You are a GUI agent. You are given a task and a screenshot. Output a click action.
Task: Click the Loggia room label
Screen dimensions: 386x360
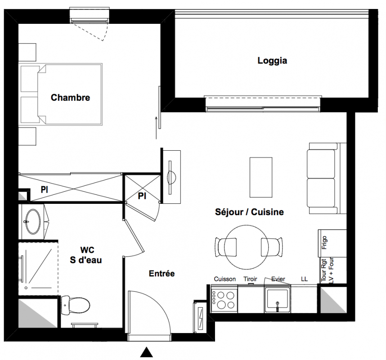point(272,61)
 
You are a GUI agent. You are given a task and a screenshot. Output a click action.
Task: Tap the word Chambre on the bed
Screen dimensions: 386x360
point(70,98)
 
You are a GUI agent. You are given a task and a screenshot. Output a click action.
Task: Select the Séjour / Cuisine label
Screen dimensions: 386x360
point(249,212)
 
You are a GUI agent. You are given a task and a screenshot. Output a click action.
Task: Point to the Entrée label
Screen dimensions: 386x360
point(162,273)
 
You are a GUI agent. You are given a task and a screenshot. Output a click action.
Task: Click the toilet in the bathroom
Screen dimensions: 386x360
point(75,305)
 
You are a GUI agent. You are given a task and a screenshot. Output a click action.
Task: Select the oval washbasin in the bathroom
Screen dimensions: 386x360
point(33,221)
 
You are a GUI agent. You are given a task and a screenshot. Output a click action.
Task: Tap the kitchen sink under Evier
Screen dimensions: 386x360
point(278,299)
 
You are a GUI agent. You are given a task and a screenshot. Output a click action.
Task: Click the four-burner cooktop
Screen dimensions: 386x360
point(224,299)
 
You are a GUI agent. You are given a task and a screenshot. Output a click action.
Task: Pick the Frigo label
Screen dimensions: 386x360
point(324,243)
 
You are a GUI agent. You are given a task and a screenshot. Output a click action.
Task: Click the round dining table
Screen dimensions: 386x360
point(247,247)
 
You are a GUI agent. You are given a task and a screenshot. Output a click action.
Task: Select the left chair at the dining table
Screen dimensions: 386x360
point(225,247)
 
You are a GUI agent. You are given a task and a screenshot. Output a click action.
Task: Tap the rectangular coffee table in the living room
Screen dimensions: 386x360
point(261,177)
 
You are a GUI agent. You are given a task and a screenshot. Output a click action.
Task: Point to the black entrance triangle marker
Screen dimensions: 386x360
point(147,352)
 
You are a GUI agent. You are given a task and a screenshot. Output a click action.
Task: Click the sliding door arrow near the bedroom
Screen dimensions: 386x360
point(156,128)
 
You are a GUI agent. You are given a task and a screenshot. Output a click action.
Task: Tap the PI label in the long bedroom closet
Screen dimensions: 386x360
point(44,189)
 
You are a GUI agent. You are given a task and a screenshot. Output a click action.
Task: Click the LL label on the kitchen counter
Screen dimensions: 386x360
point(304,279)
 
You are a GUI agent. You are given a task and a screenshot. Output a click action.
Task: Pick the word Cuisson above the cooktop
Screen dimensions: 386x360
point(225,279)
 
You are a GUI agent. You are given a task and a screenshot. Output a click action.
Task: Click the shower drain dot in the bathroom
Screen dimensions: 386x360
point(26,288)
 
